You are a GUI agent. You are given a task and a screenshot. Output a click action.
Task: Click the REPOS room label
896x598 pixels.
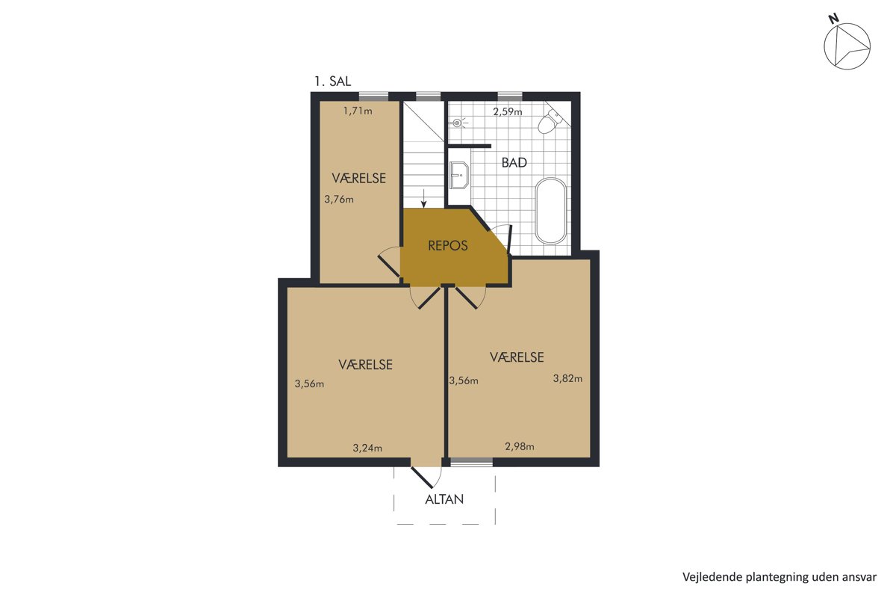[x=447, y=245]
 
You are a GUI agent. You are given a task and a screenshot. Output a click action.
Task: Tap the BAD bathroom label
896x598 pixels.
[x=514, y=163]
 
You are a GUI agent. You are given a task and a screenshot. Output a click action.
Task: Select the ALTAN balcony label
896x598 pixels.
[x=444, y=499]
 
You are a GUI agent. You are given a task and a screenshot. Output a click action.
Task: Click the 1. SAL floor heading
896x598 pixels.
[x=332, y=81]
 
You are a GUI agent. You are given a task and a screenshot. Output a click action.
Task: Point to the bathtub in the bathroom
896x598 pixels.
[x=551, y=211]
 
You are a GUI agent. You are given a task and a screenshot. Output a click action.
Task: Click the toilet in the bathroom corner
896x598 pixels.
[x=550, y=121]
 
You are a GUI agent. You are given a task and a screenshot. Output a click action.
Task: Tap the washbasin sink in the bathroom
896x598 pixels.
[x=458, y=175]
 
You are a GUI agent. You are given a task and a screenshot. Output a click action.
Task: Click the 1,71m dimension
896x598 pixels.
[x=358, y=111]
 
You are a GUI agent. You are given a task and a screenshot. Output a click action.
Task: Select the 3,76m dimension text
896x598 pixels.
[x=339, y=199]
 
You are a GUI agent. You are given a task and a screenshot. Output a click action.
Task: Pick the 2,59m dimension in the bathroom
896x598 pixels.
[x=508, y=111]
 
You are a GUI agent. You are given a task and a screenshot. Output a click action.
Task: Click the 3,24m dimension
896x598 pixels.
[x=367, y=448]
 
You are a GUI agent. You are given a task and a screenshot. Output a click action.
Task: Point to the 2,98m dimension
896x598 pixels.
[x=520, y=446]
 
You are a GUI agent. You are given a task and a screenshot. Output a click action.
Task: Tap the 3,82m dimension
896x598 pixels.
[x=567, y=378]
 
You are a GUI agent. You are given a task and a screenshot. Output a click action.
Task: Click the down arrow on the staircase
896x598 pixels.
[x=423, y=199]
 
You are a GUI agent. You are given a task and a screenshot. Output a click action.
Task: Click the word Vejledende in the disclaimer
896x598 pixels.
[x=704, y=577]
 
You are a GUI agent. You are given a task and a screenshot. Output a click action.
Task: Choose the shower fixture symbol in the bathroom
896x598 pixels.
[x=458, y=123]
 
